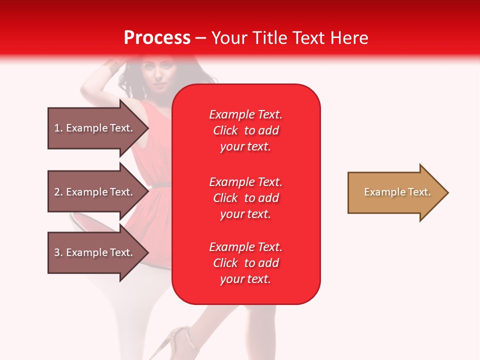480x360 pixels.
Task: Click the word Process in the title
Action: click(x=157, y=38)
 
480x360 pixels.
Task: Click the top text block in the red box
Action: click(x=245, y=130)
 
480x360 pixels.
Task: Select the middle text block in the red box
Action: click(x=245, y=198)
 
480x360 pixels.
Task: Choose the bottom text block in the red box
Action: click(x=245, y=263)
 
